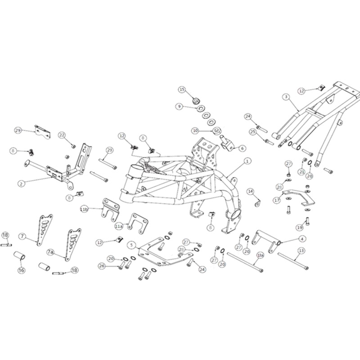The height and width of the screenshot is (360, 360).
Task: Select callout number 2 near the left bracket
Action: coord(21,183)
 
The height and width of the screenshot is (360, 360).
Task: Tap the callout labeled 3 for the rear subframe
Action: coord(285,96)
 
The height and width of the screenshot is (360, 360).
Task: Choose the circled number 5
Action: coord(131,245)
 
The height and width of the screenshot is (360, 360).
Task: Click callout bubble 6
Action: coord(243,148)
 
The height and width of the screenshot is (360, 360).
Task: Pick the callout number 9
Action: coord(179,107)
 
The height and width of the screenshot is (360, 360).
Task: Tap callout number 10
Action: coord(195,130)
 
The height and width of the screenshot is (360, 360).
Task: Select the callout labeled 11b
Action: coord(84,209)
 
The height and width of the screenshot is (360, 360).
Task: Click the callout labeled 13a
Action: coord(260,255)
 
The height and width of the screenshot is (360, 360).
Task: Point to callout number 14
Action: coord(250,192)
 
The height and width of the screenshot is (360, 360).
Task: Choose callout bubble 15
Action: coord(182,90)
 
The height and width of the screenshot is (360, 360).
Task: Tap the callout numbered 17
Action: coord(277,200)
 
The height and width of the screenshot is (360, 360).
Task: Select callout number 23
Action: coord(109,150)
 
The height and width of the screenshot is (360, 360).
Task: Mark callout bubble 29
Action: coord(18,130)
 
